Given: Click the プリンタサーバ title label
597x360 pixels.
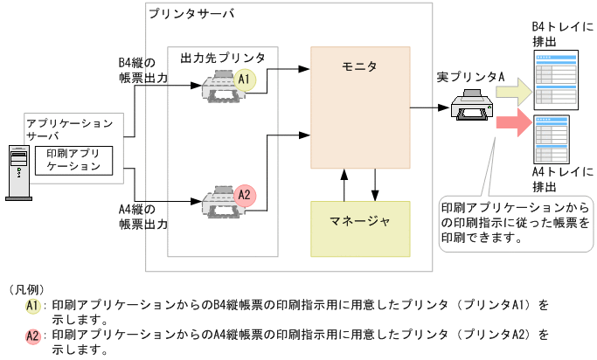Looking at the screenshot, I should tap(191, 14).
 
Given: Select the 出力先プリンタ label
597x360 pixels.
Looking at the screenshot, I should tap(223, 57).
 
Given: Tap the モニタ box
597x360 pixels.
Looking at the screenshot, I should tap(360, 109).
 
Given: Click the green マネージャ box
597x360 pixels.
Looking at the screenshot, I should tap(360, 228).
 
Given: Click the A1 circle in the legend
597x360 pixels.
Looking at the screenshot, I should tap(32, 306).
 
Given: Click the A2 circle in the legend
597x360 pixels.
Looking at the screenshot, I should tap(32, 336).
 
